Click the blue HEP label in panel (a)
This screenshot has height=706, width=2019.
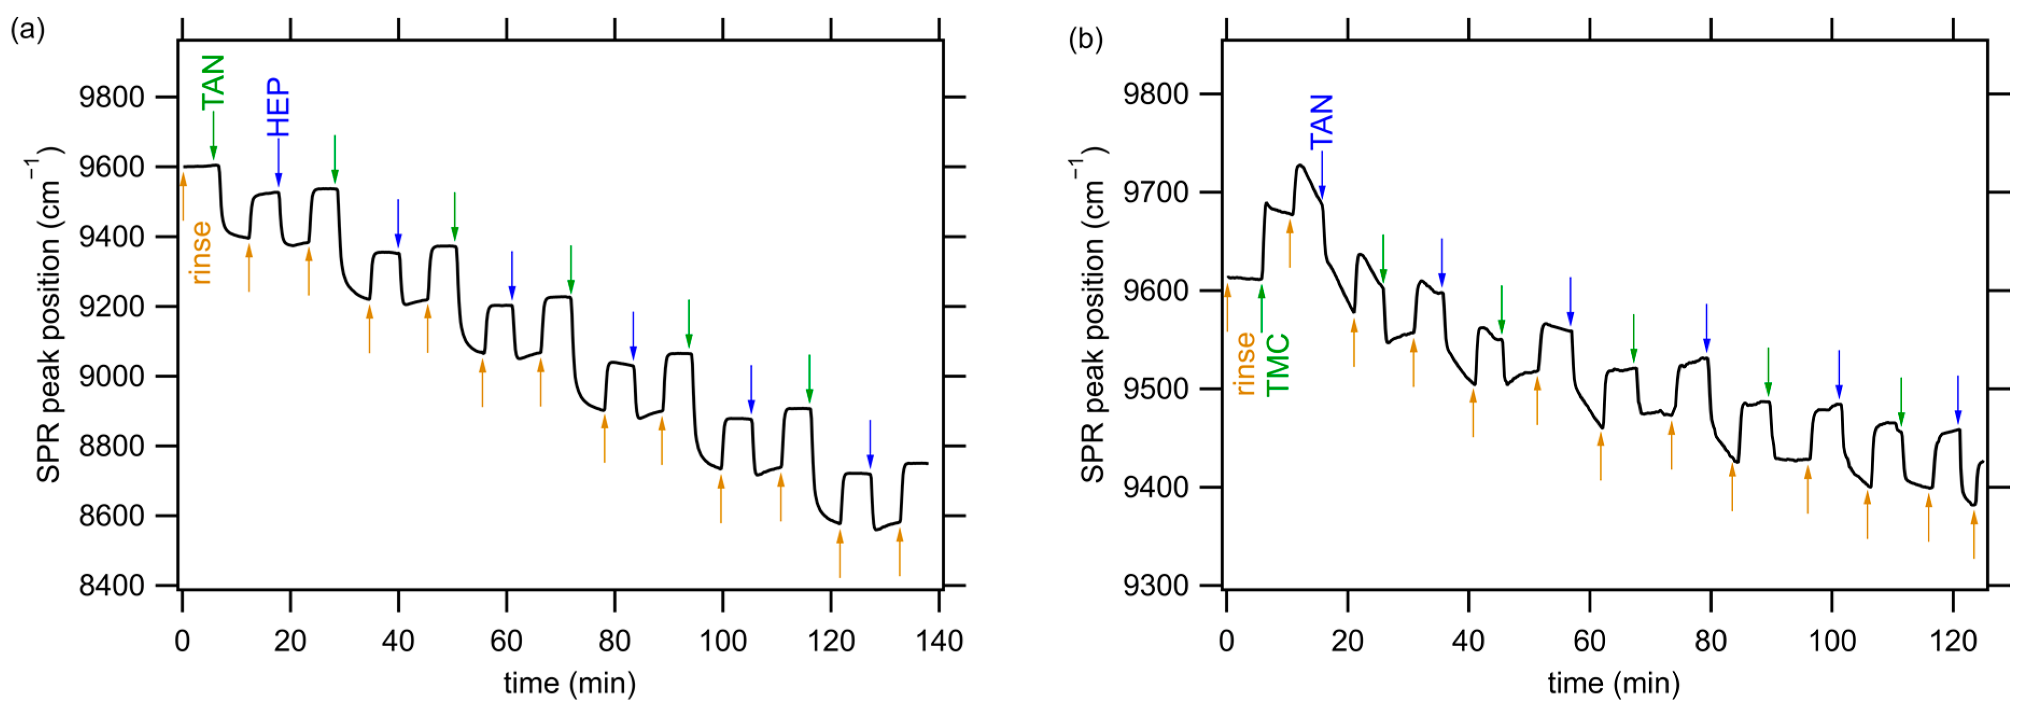click(x=278, y=108)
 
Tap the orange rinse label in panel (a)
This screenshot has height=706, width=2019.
click(x=201, y=252)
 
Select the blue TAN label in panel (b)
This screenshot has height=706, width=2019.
click(x=1321, y=122)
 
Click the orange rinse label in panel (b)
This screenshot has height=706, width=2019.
click(x=1244, y=363)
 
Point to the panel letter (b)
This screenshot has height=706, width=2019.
click(x=1086, y=39)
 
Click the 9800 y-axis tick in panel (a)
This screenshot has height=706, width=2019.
click(x=112, y=97)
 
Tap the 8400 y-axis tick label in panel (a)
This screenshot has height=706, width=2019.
click(x=112, y=585)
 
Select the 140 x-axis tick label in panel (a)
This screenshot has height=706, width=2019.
click(x=938, y=642)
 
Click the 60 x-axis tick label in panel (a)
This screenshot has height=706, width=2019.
click(x=506, y=642)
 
